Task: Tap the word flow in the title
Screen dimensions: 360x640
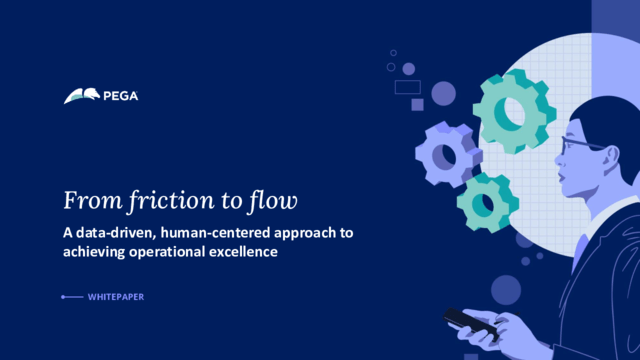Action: (272, 200)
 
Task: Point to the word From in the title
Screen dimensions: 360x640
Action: (86, 200)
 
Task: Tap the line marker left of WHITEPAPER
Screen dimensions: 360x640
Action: (72, 297)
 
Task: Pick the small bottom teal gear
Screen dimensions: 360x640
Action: (486, 201)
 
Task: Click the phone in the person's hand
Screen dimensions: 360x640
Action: (468, 322)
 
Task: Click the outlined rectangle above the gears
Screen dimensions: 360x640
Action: (407, 87)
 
